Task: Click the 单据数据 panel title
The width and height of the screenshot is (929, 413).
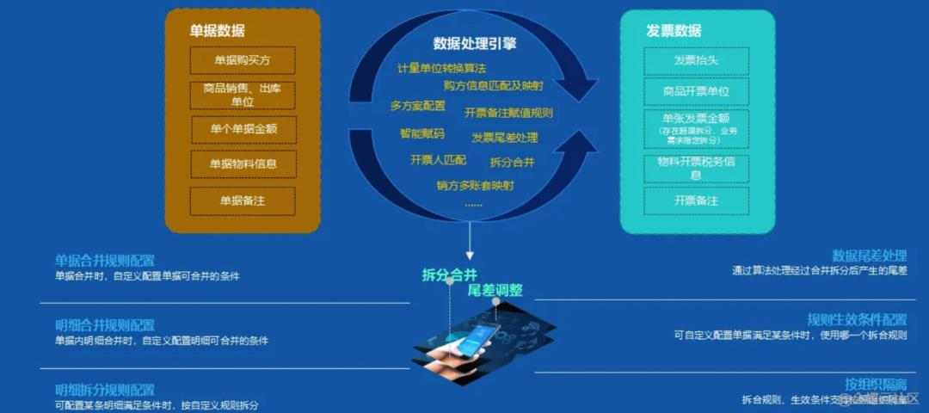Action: [217, 31]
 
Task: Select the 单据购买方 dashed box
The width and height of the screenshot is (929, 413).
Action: [243, 61]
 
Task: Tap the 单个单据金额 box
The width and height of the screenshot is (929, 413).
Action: [243, 129]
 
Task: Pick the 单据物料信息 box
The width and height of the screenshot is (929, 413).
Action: [243, 164]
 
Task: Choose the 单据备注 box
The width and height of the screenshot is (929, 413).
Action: [243, 200]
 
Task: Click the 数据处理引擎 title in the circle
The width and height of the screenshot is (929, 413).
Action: [475, 43]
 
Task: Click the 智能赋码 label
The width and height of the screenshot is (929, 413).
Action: [421, 133]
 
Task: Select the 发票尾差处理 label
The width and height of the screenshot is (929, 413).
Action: [504, 138]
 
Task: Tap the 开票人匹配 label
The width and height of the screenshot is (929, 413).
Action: [438, 160]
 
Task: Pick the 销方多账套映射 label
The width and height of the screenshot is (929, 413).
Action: [475, 185]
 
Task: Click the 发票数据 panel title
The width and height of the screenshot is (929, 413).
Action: [674, 31]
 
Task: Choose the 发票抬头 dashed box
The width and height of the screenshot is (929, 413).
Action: [696, 61]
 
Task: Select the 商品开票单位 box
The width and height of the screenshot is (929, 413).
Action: [696, 91]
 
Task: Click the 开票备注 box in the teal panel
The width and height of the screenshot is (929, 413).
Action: [696, 200]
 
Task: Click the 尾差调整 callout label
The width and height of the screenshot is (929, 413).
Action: [495, 290]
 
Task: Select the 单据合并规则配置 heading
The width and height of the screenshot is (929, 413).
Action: [105, 261]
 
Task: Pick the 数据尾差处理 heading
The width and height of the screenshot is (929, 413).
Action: [869, 256]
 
